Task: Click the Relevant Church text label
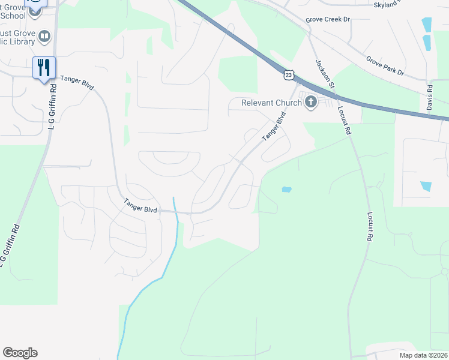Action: tap(272, 103)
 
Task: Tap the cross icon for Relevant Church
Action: tap(311, 102)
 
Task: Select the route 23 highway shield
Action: tap(289, 74)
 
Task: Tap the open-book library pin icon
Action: tap(44, 37)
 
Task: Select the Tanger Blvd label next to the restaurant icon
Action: tap(77, 82)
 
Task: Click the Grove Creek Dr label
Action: tap(327, 20)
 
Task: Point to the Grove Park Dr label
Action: tap(385, 66)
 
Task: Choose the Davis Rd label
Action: tap(430, 97)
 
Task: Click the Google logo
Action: tap(20, 353)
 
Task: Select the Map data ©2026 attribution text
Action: tap(423, 355)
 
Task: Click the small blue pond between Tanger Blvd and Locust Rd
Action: tap(286, 190)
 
